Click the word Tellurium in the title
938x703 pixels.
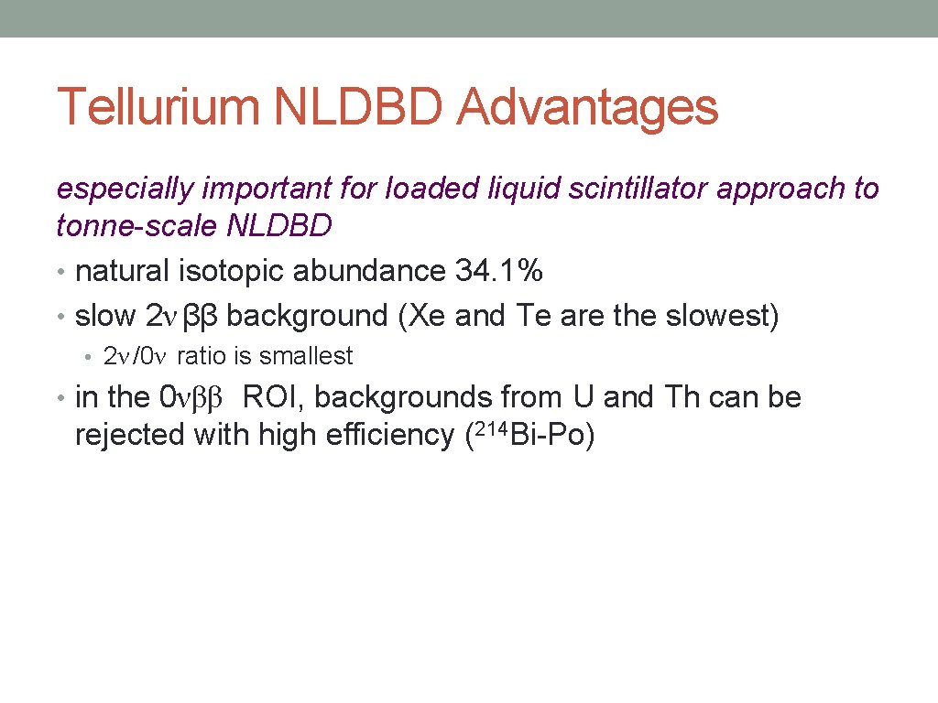(x=157, y=108)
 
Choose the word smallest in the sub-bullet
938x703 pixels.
(x=305, y=356)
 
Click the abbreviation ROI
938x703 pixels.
(x=271, y=398)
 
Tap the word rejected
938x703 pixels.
(x=130, y=437)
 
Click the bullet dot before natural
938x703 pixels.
(x=60, y=273)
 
